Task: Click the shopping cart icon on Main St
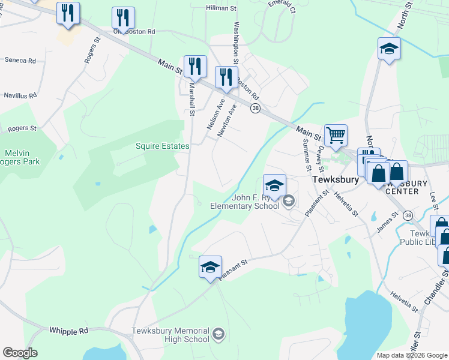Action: (x=336, y=134)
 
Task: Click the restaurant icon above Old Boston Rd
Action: (x=123, y=18)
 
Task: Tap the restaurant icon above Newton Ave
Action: (x=226, y=77)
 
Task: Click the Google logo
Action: (x=20, y=353)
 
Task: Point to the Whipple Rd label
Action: (x=68, y=331)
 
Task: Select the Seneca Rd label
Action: (x=20, y=61)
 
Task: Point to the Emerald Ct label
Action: (x=282, y=7)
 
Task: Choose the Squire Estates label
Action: (x=162, y=146)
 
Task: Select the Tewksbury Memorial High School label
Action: (x=170, y=335)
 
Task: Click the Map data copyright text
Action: (x=411, y=355)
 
